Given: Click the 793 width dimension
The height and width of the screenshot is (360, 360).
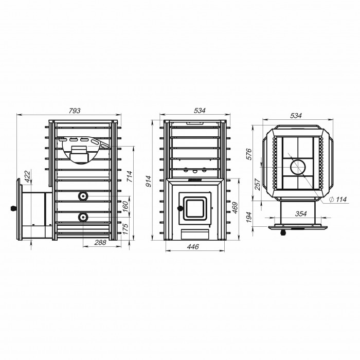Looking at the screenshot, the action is (x=75, y=111).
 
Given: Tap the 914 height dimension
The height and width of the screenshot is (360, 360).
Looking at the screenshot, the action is (x=149, y=181).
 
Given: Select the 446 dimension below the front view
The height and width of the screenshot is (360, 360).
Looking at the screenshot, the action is (x=193, y=247).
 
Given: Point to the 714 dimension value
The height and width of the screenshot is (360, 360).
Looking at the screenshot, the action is (x=130, y=176).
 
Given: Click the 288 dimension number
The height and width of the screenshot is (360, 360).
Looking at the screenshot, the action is (x=100, y=242).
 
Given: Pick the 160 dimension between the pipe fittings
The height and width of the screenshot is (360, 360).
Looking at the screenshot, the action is (x=125, y=206).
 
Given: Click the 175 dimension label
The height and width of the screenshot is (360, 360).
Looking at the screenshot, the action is (x=125, y=229).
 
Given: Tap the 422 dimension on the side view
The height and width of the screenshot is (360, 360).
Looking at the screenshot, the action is (x=27, y=176).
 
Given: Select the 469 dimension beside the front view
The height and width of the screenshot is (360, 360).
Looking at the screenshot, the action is (x=235, y=208).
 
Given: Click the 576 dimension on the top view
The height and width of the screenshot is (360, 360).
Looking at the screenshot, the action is (x=249, y=154).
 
